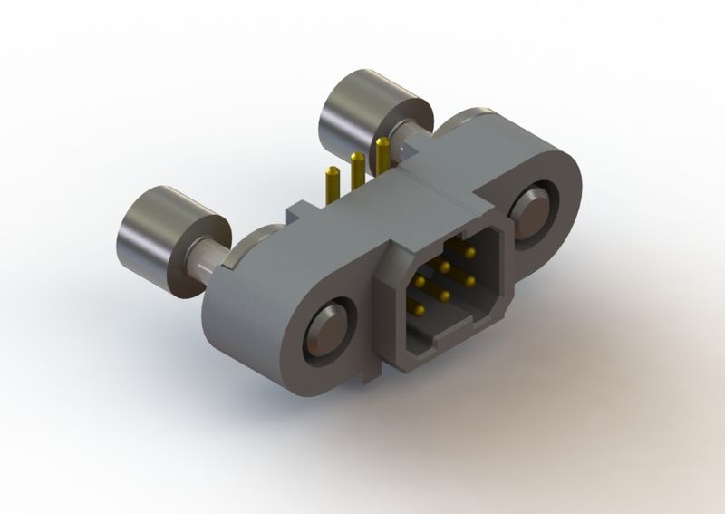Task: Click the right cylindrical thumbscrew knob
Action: coord(367,113)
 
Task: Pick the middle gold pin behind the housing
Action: coord(357,172)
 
